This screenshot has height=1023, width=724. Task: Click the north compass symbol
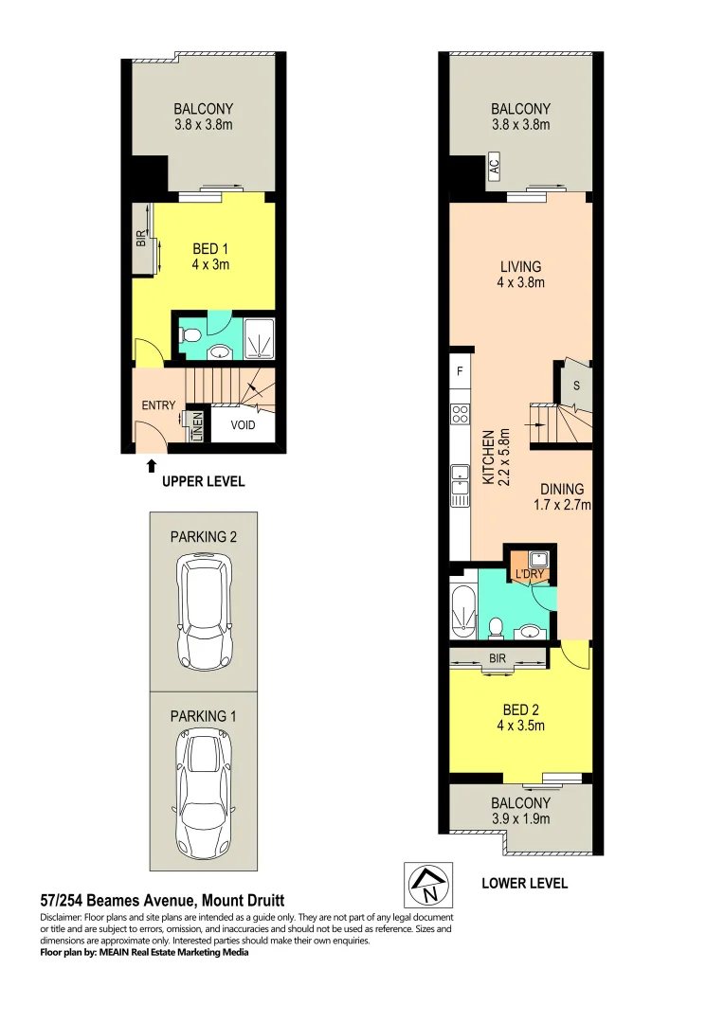423,885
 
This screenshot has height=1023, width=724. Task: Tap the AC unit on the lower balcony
494,168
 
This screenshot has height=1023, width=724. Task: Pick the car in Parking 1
203,794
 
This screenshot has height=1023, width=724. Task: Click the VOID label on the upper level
242,425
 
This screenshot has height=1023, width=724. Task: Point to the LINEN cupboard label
197,426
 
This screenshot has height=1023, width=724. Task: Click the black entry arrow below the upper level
151,464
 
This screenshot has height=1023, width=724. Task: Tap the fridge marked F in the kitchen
460,371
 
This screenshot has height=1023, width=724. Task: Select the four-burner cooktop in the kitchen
460,413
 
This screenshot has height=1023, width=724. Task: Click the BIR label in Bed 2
498,656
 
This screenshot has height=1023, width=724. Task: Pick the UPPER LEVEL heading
203,481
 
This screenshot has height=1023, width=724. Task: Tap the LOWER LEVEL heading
524,883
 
